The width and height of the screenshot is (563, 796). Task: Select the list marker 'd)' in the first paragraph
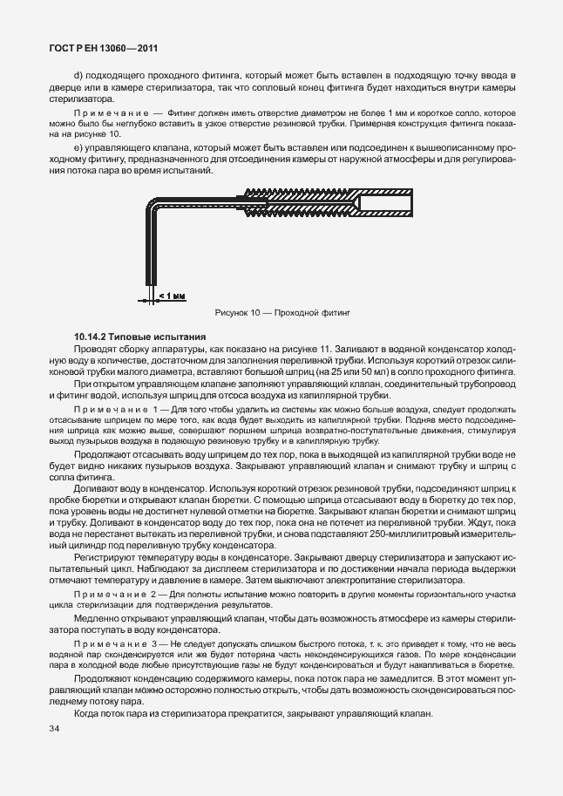pos(78,77)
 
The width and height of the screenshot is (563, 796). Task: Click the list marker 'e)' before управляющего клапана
pos(78,149)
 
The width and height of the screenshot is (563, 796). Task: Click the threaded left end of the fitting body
pos(261,207)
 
